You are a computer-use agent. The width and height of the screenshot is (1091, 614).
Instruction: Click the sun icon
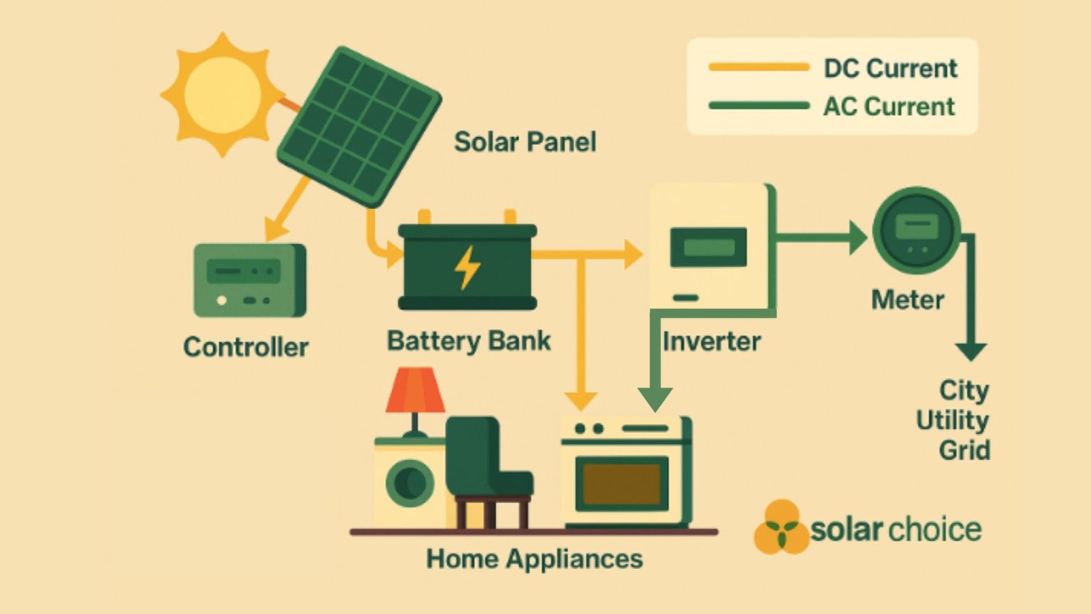tap(222, 94)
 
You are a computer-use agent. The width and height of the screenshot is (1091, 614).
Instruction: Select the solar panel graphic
tap(359, 126)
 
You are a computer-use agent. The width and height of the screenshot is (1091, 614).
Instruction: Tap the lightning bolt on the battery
tap(467, 267)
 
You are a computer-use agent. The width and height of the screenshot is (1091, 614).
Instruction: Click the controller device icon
tap(249, 280)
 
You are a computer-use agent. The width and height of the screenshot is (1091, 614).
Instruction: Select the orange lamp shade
tap(415, 390)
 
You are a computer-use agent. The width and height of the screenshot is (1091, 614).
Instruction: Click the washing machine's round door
tap(410, 483)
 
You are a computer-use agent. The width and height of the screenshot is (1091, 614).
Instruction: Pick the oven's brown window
tap(622, 484)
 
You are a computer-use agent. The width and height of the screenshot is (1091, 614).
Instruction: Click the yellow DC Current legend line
tap(759, 68)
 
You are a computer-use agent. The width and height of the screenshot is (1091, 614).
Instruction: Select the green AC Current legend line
tap(759, 106)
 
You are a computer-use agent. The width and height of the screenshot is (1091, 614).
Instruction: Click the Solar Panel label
tap(525, 142)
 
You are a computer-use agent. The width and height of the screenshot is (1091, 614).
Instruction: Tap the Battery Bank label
tap(468, 340)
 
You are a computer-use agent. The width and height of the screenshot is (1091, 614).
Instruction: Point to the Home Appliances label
tap(534, 559)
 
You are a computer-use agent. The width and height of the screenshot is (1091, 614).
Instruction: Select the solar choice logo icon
tap(781, 527)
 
